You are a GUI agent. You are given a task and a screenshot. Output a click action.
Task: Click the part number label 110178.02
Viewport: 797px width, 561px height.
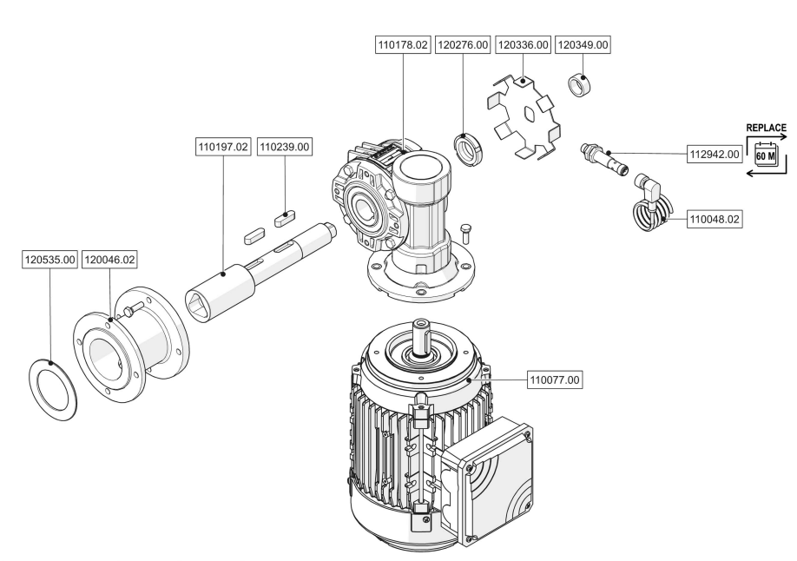(x=403, y=45)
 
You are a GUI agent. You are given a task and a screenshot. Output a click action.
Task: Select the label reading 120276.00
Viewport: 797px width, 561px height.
(x=463, y=45)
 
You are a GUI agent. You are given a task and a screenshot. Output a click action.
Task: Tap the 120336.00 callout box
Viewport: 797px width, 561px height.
(x=523, y=45)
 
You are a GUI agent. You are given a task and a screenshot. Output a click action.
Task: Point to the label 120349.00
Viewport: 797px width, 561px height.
(x=583, y=45)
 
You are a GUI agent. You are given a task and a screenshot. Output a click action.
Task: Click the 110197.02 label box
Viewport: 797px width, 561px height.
(x=223, y=147)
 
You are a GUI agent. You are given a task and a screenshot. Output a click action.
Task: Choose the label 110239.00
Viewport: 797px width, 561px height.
(x=284, y=147)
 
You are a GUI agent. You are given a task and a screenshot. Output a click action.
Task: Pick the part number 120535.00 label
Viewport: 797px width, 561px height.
(x=50, y=260)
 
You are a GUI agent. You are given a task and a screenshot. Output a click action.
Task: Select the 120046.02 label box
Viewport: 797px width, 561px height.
(x=109, y=260)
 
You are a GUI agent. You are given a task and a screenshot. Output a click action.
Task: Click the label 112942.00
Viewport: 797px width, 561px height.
(x=715, y=154)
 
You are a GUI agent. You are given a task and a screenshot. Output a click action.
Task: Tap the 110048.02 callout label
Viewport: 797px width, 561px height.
(x=715, y=219)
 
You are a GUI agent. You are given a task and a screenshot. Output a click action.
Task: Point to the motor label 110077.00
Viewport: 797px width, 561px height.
(x=555, y=379)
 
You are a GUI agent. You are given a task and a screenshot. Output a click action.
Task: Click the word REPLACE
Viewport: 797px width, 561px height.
(x=766, y=128)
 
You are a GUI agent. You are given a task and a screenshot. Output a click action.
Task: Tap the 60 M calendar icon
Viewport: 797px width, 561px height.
(x=766, y=154)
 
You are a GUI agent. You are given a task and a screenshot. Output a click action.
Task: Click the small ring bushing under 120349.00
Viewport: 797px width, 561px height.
(x=579, y=84)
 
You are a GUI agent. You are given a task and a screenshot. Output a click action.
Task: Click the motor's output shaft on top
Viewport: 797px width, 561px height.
(x=421, y=337)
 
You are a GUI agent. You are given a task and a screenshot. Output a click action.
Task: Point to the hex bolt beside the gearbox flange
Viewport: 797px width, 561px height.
(x=464, y=236)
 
